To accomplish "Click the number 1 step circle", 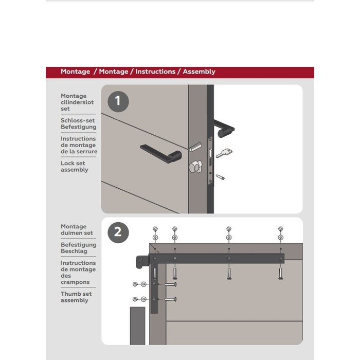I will (x=118, y=101).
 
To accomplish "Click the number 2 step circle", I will (x=118, y=232).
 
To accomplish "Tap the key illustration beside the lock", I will (x=223, y=153).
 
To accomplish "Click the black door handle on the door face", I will (x=161, y=152).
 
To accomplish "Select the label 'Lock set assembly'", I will (x=75, y=167).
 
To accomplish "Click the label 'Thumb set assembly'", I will (x=77, y=297).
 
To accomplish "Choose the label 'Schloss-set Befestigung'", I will (x=78, y=123).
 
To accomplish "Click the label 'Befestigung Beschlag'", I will (x=78, y=248).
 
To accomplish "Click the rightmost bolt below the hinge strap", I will (x=280, y=273).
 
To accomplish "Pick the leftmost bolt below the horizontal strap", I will (x=175, y=273).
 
